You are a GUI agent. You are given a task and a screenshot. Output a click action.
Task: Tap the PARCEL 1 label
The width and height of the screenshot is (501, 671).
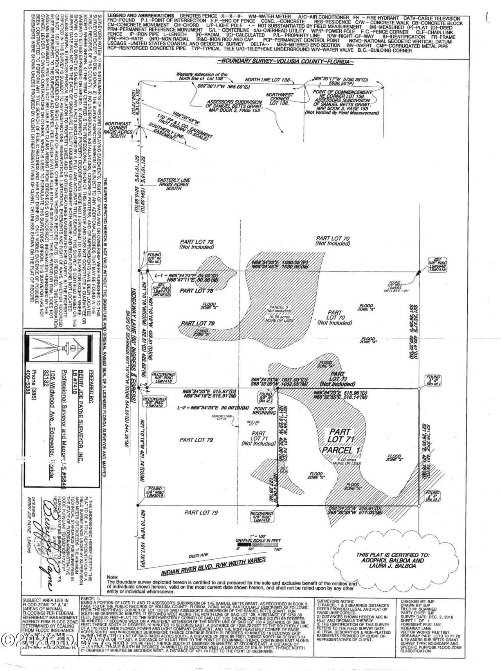(341, 450)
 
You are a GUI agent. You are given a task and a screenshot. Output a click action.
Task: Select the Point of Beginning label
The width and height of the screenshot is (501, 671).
(264, 410)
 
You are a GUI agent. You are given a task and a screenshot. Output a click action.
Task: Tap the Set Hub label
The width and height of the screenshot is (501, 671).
(285, 470)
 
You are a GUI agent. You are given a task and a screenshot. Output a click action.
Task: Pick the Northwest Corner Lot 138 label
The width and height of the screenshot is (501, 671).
(279, 98)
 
